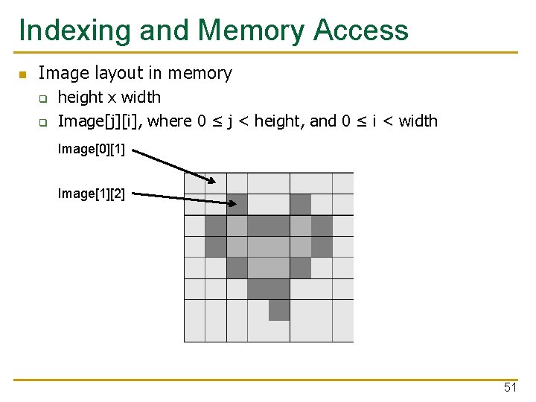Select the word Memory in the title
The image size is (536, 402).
tap(251, 31)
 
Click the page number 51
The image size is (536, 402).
tap(510, 387)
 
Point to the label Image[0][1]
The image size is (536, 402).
tap(91, 149)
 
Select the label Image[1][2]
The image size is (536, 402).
tap(91, 194)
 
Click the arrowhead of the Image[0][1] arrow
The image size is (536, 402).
tap(211, 179)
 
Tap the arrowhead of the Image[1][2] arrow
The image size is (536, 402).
tap(228, 201)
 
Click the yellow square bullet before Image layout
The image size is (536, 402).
tap(22, 74)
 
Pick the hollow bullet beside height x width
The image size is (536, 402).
tap(43, 98)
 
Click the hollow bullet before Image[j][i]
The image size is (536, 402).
tap(43, 121)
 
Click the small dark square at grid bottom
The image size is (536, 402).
tap(279, 310)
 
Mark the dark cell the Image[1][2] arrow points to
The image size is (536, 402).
tap(237, 204)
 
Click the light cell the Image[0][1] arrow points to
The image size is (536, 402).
tap(216, 183)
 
